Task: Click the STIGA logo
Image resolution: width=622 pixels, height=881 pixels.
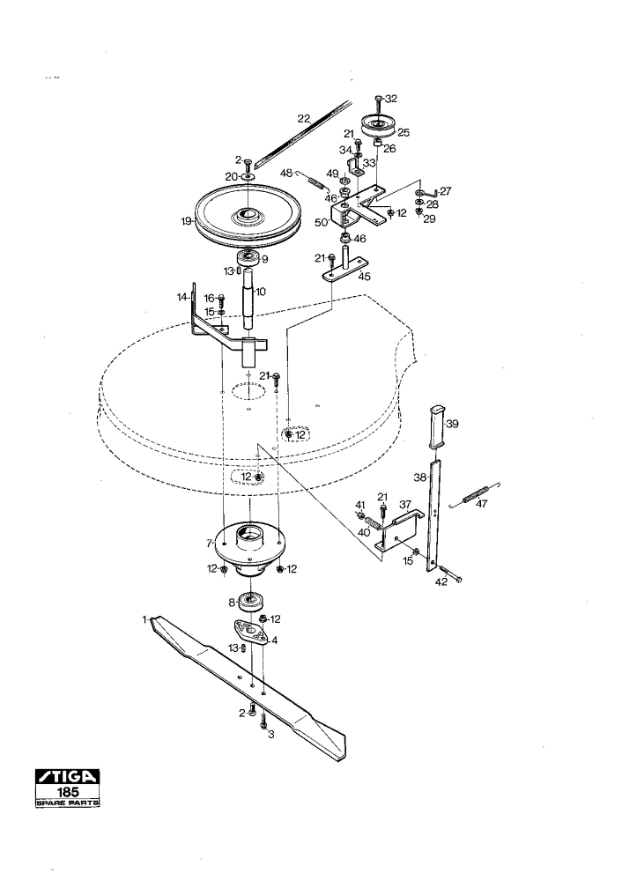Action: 68,776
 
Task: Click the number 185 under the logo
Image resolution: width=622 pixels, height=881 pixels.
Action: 68,792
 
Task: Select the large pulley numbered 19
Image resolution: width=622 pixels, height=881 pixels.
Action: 248,216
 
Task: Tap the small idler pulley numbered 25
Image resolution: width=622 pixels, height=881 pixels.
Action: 378,125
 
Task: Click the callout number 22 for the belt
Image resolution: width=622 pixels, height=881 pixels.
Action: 303,119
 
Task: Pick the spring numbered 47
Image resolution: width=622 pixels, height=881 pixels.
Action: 476,493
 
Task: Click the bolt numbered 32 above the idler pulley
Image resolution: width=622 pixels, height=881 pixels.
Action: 378,103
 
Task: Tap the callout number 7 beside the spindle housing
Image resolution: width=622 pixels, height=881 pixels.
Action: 209,544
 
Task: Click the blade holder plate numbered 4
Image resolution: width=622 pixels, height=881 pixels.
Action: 249,633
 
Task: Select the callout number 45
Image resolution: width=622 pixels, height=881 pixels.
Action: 365,277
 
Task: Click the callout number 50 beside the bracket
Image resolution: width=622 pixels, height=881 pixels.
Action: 321,223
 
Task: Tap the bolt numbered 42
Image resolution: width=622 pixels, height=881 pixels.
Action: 451,574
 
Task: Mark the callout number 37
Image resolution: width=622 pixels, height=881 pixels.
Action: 405,505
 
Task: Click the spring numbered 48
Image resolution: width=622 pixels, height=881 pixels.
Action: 315,182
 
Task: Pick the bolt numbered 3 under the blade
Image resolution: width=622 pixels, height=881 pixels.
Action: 263,722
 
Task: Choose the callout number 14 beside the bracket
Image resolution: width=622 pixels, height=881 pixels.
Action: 182,297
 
